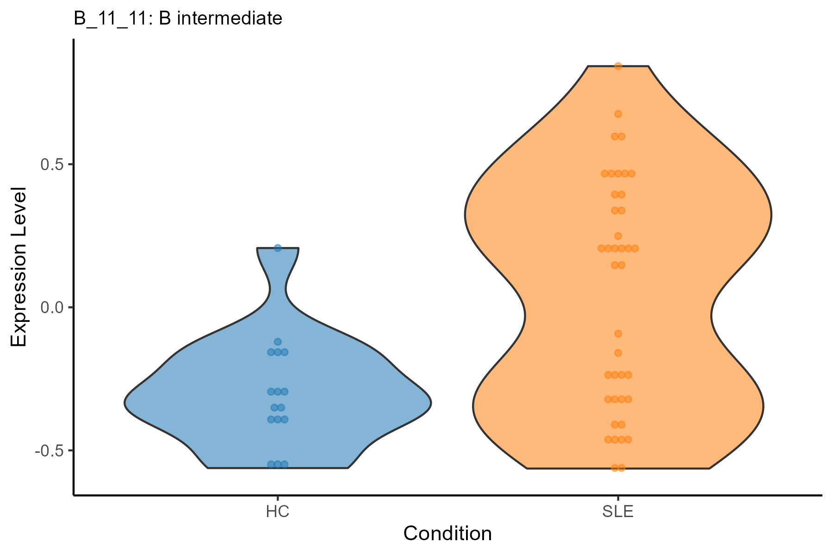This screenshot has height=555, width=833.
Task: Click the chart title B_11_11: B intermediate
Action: click(178, 18)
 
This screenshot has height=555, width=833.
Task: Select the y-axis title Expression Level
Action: click(19, 267)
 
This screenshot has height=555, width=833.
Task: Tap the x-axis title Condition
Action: click(448, 534)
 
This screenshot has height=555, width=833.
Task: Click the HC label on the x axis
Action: click(278, 512)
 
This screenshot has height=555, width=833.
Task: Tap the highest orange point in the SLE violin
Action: click(618, 66)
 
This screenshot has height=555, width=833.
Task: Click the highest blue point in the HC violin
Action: click(278, 248)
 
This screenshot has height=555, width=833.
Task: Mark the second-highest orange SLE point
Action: click(618, 114)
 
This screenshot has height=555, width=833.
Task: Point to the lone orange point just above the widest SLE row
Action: click(618, 236)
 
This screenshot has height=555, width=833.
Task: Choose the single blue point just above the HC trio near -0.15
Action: click(278, 342)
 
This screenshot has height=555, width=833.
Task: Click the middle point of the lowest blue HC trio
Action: click(278, 464)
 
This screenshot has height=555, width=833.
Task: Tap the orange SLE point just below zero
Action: click(618, 333)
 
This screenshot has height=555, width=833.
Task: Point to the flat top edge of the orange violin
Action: click(618, 67)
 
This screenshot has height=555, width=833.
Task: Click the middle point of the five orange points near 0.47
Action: click(618, 173)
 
